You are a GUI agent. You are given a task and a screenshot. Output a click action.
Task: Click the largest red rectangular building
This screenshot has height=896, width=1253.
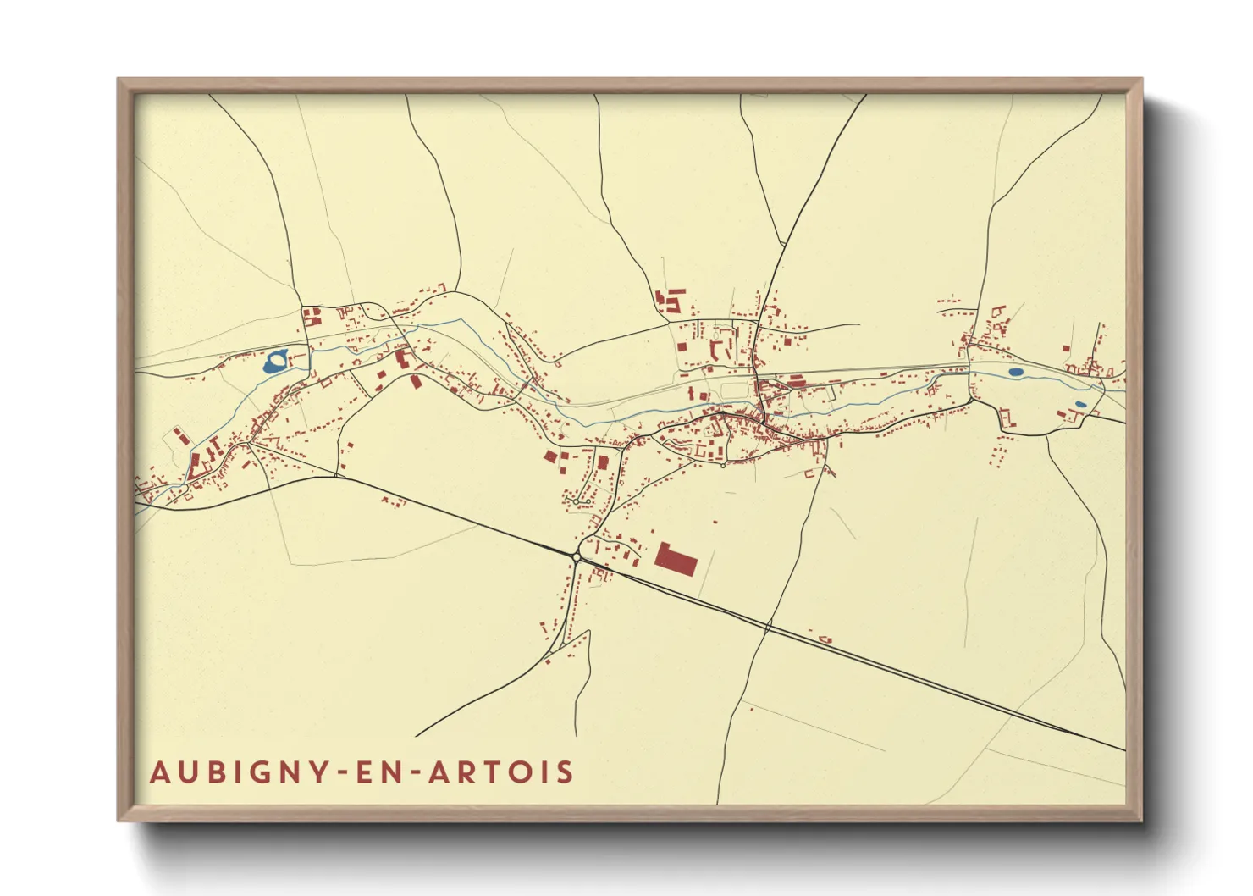pyautogui.click(x=676, y=560)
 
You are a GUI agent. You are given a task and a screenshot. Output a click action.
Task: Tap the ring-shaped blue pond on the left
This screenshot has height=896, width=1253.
pyautogui.click(x=275, y=362)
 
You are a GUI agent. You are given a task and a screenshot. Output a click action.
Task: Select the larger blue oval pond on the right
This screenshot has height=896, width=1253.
pyautogui.click(x=1016, y=372)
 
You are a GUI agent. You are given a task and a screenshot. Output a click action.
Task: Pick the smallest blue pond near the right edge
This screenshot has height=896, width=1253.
pyautogui.click(x=1079, y=404)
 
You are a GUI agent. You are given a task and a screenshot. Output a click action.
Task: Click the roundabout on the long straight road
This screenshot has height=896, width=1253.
pyautogui.click(x=576, y=556)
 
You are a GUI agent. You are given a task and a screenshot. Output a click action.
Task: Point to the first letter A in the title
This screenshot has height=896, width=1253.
pyautogui.click(x=160, y=772)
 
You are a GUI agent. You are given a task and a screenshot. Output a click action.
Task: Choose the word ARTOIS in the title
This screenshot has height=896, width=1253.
pyautogui.click(x=503, y=772)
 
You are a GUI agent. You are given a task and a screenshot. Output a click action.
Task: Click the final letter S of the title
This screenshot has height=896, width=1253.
pyautogui.click(x=566, y=772)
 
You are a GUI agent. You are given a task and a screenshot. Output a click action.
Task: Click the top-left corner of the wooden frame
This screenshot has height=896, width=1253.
pyautogui.click(x=119, y=80)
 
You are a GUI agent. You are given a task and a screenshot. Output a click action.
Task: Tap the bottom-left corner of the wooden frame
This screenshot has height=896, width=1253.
pyautogui.click(x=119, y=819)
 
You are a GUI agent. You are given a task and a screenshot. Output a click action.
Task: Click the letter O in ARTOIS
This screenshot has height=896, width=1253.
pyautogui.click(x=522, y=772)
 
